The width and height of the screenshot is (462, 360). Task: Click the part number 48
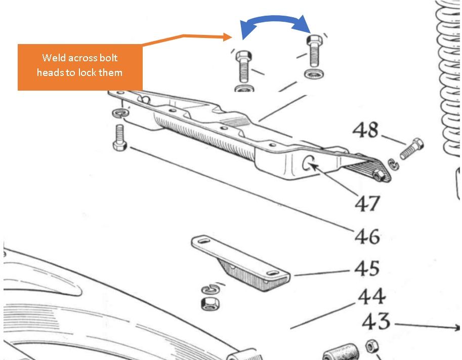click(366, 130)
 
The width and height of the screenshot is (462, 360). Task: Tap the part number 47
click(367, 204)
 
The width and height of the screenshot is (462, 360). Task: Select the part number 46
click(367, 236)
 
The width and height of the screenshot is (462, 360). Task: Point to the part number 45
click(367, 268)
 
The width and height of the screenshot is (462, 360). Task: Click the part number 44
click(372, 297)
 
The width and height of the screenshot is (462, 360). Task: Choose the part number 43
click(376, 321)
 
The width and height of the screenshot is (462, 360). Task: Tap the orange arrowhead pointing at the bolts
click(228, 37)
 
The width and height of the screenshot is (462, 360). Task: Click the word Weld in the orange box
click(54, 58)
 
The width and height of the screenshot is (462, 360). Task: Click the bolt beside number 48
click(412, 148)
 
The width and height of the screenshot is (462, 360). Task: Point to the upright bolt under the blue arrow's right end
click(314, 51)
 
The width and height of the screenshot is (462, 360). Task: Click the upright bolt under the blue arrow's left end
click(243, 67)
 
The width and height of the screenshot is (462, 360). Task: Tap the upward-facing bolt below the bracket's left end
click(120, 138)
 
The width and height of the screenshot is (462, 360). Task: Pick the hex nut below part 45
click(211, 303)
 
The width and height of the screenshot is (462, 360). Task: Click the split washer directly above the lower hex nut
click(209, 290)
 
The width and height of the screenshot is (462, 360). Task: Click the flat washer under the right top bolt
click(314, 74)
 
